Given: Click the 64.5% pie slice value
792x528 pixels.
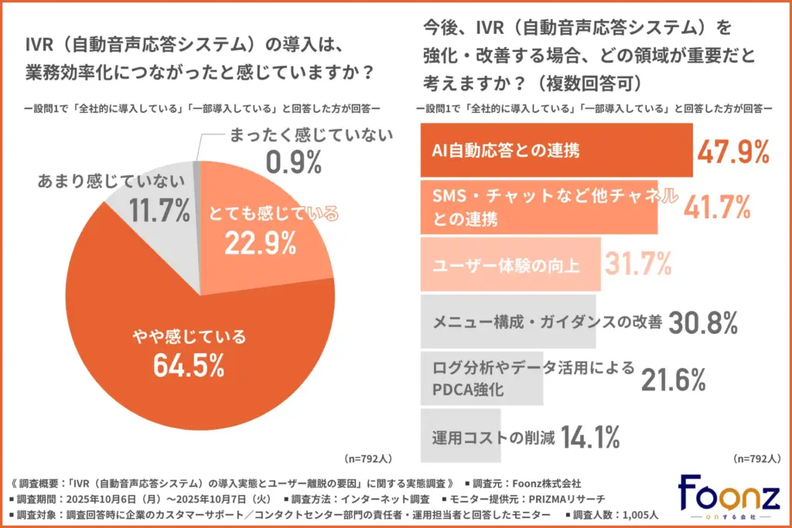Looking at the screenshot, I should point(189,364).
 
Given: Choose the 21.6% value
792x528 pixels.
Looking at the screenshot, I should point(673,379).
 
